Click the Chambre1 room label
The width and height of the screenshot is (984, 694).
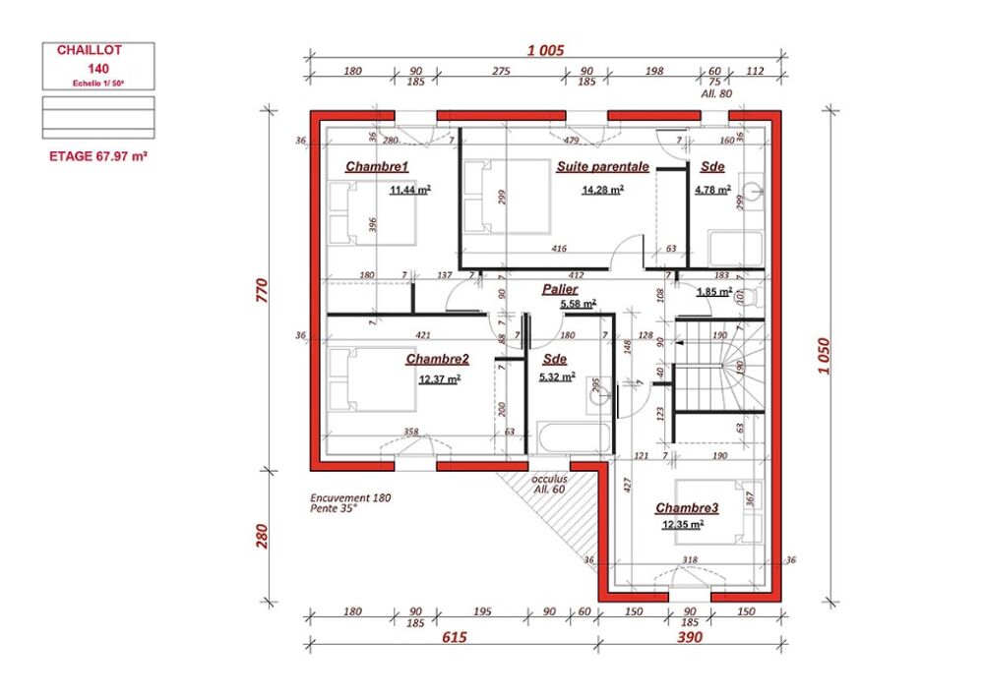click(x=376, y=167)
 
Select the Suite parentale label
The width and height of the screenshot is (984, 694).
click(x=602, y=167)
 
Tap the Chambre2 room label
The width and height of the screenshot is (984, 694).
click(x=437, y=360)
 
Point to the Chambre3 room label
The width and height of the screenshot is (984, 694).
click(x=687, y=508)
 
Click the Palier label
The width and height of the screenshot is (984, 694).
click(x=560, y=290)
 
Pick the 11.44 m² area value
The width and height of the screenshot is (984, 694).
click(x=409, y=190)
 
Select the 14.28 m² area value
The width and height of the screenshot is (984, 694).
click(x=602, y=190)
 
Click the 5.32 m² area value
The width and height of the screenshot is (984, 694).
click(x=557, y=376)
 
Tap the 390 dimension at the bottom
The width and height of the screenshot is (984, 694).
click(x=690, y=638)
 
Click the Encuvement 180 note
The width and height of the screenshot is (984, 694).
click(x=349, y=498)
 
